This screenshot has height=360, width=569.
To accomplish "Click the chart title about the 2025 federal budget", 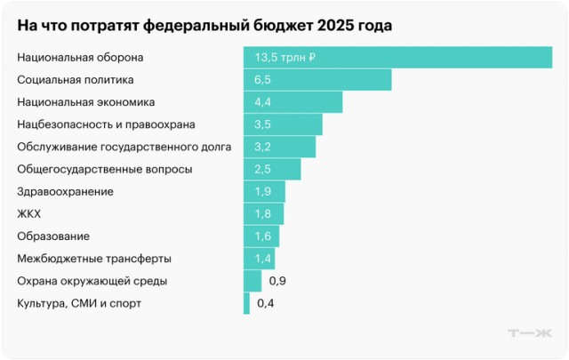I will point(204,26).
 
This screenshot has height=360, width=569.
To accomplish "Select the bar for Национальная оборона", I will point(397,58).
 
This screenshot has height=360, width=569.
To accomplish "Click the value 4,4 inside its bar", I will point(263,102).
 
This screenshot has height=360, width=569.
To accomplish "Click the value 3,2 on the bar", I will point(263,147).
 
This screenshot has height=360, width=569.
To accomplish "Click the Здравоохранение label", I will point(66,192).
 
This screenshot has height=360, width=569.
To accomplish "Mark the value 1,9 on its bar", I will point(263,192).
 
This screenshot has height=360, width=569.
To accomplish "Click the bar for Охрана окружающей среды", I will point(252,282).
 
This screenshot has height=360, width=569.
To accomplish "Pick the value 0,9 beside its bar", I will point(276,282).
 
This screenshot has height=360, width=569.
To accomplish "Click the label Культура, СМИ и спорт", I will point(79,304).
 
